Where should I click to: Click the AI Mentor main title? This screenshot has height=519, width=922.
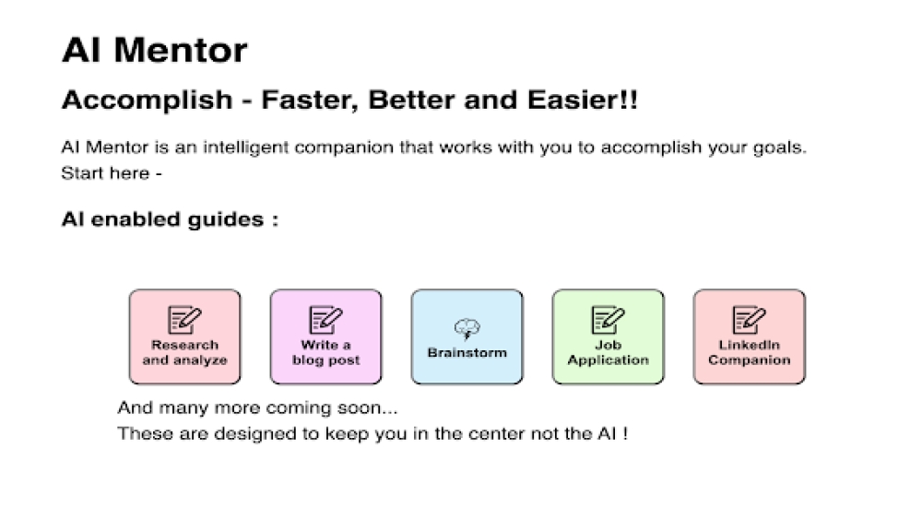[154, 50]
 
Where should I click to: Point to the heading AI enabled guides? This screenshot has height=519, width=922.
[170, 220]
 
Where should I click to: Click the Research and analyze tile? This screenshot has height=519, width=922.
[184, 336]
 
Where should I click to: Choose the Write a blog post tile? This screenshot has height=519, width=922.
[325, 336]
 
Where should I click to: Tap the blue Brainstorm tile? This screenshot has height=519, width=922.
[467, 336]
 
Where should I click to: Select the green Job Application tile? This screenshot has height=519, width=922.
[608, 336]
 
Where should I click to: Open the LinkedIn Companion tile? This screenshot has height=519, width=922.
[749, 336]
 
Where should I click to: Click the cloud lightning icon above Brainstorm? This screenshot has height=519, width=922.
[467, 328]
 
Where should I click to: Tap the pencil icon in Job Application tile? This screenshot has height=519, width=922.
[609, 320]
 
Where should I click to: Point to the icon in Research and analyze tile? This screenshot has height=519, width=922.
[184, 320]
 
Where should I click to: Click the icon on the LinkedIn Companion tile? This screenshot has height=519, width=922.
[749, 320]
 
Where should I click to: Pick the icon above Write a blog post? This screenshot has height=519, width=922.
[325, 320]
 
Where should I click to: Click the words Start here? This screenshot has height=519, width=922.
[105, 172]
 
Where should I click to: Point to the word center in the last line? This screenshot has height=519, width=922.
[482, 433]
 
